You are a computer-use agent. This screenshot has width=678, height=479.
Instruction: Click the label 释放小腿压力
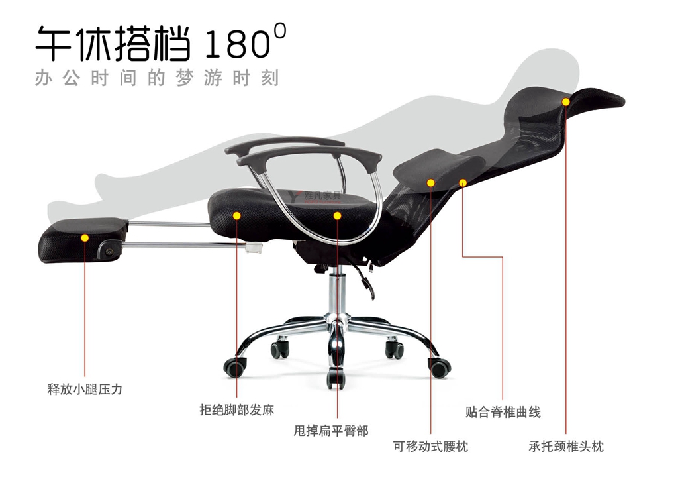point(85,389)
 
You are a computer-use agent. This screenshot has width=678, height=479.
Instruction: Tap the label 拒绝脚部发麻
point(237,410)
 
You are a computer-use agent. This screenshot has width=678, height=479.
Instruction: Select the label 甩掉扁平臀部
point(331,431)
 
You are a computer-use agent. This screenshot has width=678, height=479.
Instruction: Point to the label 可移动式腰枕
point(430,446)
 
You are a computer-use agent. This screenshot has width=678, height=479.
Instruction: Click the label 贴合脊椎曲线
point(503,412)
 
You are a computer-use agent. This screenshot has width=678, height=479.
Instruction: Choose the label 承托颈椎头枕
point(566,446)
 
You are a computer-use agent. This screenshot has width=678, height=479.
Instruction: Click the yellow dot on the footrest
point(85,238)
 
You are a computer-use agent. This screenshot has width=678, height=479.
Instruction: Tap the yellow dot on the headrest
point(566,101)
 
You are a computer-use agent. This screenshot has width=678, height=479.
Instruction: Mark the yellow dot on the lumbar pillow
point(430,183)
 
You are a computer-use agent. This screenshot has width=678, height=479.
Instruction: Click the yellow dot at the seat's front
point(237,215)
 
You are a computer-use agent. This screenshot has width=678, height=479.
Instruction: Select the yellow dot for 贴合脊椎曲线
point(463,183)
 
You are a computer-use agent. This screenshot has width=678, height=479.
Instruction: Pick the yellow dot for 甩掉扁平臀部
point(337,215)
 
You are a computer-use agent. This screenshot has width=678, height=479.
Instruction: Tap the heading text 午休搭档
point(113,43)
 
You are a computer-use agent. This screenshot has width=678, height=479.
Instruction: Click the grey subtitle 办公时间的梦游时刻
point(157,78)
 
